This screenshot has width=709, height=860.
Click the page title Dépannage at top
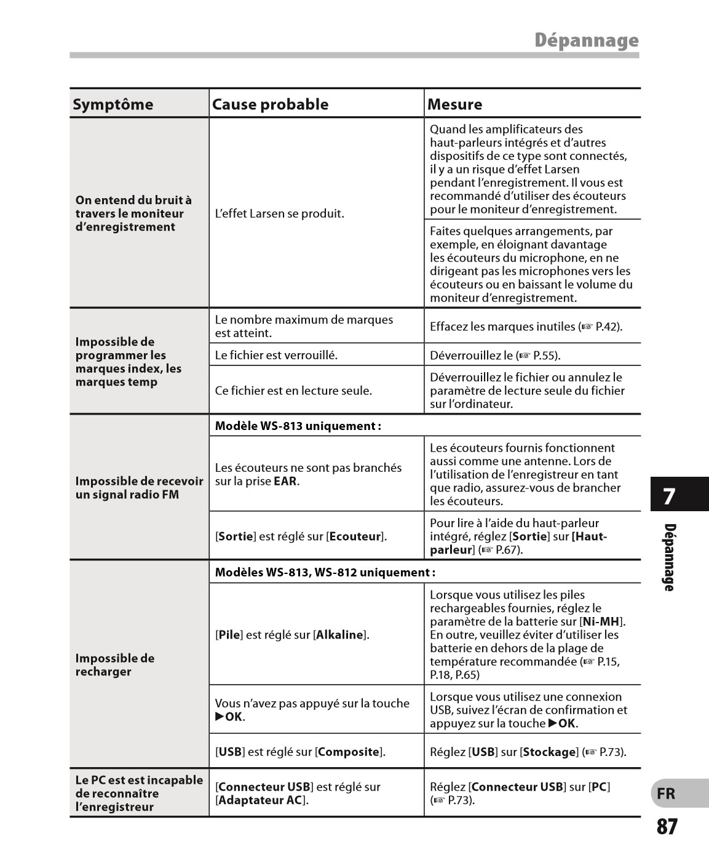(x=586, y=41)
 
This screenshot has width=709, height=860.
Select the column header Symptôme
(x=113, y=105)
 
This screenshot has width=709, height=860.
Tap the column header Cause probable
(x=270, y=105)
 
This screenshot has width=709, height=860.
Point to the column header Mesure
(x=454, y=105)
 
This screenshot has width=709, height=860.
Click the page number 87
(x=667, y=827)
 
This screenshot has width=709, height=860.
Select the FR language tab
(x=666, y=794)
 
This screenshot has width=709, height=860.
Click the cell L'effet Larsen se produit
(x=279, y=214)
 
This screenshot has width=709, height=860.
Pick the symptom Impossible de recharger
(x=115, y=665)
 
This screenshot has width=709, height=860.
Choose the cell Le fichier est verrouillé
(x=276, y=355)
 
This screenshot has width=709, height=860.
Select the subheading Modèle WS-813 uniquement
(x=298, y=426)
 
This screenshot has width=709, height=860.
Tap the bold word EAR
(x=285, y=481)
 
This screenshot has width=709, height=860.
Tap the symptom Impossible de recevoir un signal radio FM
(x=139, y=488)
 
